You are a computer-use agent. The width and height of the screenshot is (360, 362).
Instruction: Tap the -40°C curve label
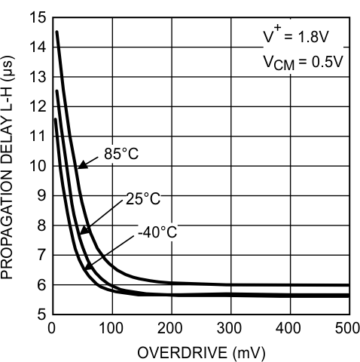pyautogui.click(x=157, y=232)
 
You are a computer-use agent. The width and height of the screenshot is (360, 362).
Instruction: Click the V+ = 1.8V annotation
pyautogui.click(x=300, y=37)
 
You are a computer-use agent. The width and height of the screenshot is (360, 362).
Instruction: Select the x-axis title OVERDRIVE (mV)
pyautogui.click(x=200, y=352)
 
